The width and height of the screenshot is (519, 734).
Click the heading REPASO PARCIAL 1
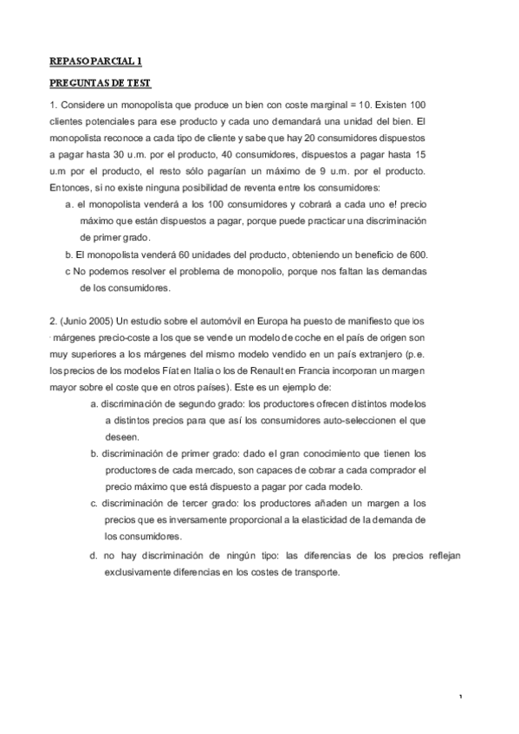95,61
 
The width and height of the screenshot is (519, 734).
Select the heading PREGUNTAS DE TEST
100,83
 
